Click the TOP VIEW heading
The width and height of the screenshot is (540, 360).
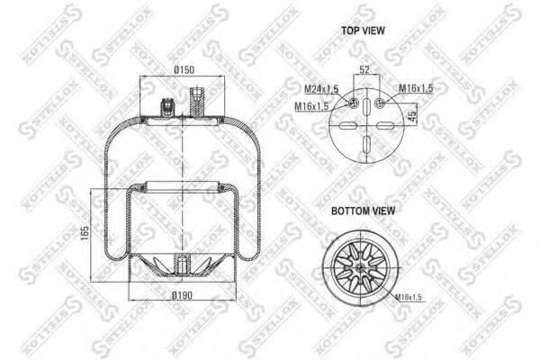(364, 30)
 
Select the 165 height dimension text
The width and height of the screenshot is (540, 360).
(84, 232)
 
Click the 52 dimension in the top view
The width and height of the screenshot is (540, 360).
(364, 68)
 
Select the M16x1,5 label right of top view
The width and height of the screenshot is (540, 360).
(417, 87)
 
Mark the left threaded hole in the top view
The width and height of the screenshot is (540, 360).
(355, 106)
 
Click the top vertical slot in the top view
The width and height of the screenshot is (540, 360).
(367, 117)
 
